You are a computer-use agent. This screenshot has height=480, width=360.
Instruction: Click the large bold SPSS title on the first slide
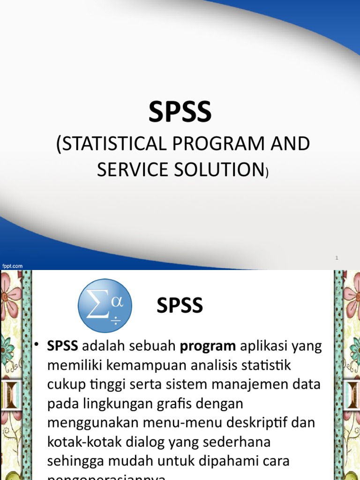(x=180, y=113)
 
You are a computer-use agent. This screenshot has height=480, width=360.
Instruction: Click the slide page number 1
(x=337, y=258)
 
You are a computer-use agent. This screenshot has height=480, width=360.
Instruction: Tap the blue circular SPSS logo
(x=105, y=306)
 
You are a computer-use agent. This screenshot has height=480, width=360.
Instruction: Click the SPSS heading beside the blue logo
(x=180, y=306)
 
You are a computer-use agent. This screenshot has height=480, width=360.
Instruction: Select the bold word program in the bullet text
(x=209, y=347)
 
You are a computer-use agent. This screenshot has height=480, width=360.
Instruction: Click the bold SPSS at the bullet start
(x=63, y=347)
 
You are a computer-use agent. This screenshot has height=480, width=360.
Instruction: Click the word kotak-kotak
(x=86, y=441)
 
